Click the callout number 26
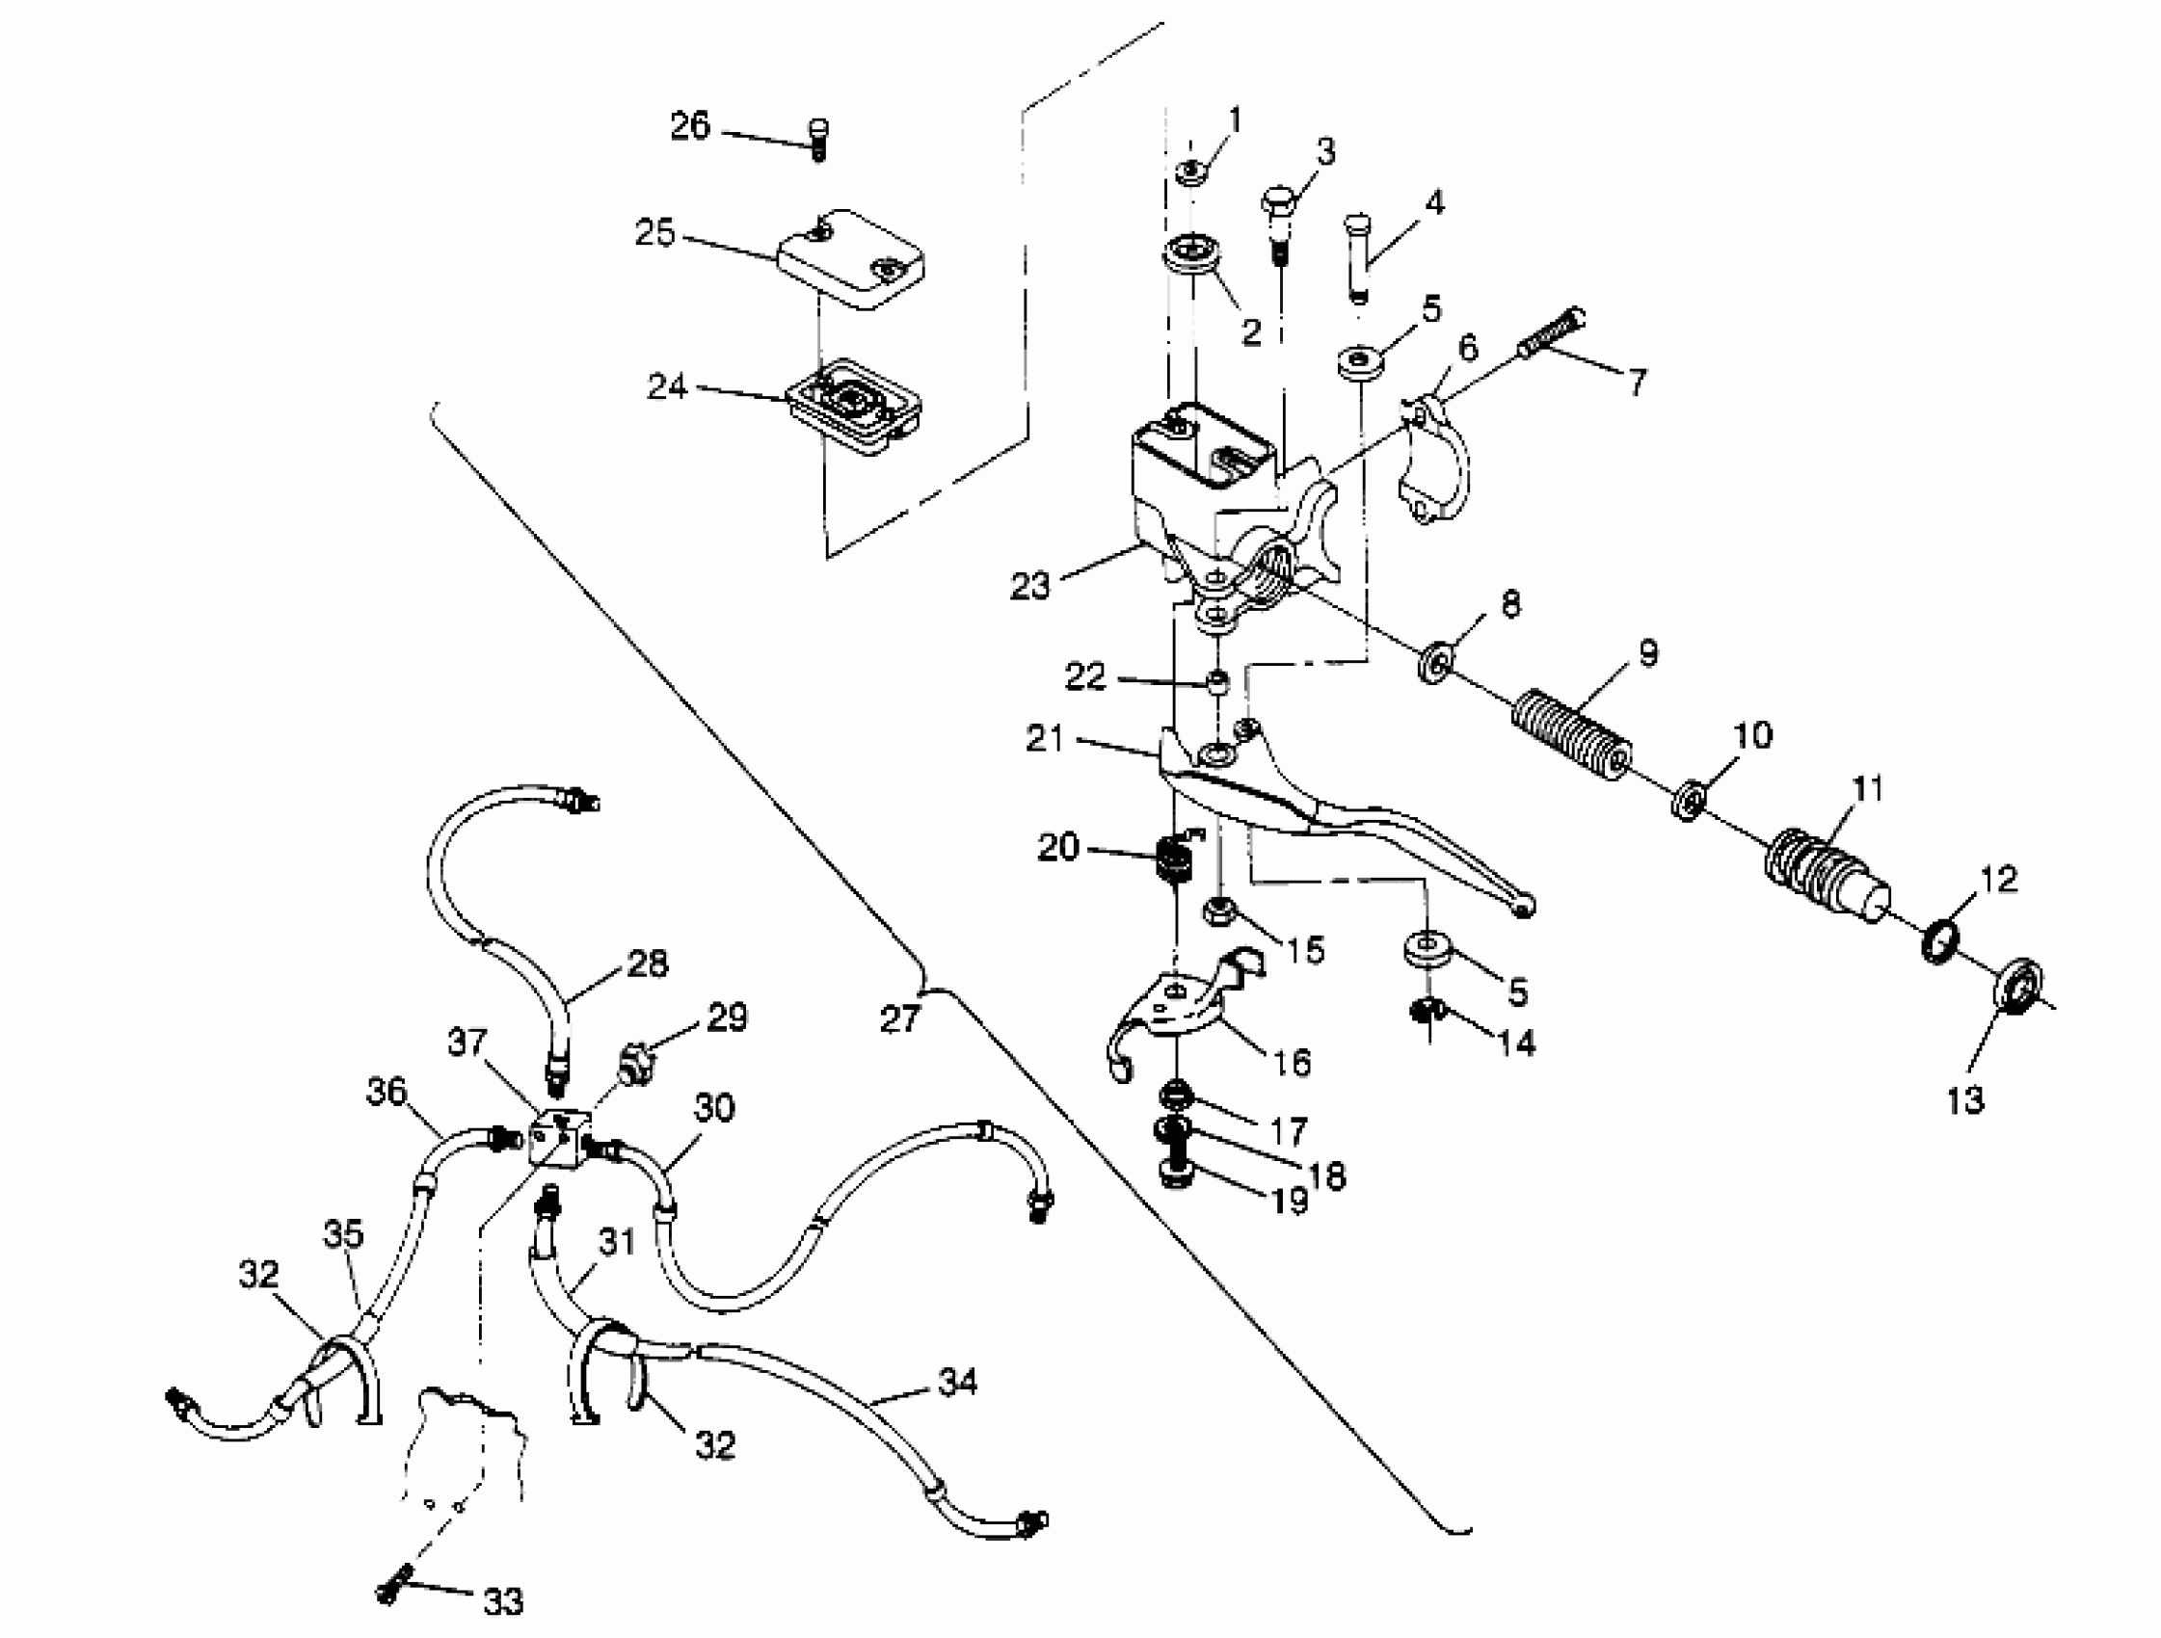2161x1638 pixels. coord(689,126)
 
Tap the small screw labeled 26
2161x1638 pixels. coord(818,140)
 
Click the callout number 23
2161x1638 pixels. coord(1028,586)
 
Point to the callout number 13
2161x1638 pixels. coord(1965,1100)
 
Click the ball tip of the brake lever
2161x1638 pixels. coord(1521,908)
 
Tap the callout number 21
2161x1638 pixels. coord(1044,738)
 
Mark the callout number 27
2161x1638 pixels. coord(898,1018)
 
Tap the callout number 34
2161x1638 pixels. coord(957,1382)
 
